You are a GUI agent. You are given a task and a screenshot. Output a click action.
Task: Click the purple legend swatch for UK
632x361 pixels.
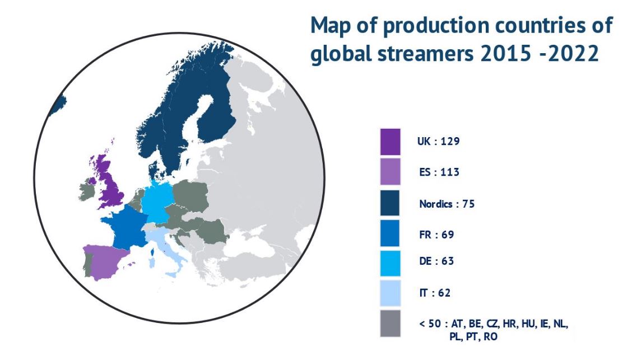click(390, 142)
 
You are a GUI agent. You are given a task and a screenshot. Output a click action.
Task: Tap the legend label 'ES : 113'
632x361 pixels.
click(439, 172)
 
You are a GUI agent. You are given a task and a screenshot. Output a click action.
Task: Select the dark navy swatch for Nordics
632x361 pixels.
click(390, 203)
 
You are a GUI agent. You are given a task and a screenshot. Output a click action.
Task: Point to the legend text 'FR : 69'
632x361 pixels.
click(436, 235)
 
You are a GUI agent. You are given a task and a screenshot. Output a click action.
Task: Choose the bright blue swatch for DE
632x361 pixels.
click(390, 264)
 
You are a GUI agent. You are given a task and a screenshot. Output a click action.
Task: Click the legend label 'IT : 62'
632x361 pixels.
click(435, 293)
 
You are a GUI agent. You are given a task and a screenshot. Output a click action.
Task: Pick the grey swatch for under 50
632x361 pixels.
click(390, 323)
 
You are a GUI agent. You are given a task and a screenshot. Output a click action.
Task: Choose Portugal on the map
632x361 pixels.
click(87, 264)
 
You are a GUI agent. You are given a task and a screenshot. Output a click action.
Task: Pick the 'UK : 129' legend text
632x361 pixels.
click(439, 141)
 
